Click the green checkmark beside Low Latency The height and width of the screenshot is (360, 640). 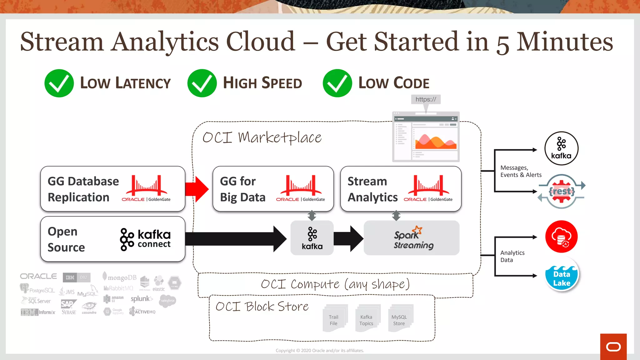click(59, 83)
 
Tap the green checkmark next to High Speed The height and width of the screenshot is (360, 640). click(202, 83)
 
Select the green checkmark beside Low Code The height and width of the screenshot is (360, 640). click(337, 83)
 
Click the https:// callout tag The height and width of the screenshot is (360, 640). click(426, 99)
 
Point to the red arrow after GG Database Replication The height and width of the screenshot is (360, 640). click(197, 189)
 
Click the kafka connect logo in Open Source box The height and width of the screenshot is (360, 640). click(145, 239)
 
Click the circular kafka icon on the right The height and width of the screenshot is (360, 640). click(561, 148)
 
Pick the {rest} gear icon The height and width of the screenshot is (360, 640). click(562, 191)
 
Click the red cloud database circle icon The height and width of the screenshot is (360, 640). click(561, 237)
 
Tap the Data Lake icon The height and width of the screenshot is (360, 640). click(562, 274)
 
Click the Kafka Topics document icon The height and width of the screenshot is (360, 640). click(367, 318)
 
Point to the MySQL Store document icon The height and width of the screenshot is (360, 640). click(400, 318)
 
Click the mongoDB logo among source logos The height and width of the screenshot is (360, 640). click(120, 277)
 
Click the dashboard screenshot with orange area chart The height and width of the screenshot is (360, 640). click(426, 137)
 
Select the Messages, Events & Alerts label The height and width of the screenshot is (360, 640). click(521, 171)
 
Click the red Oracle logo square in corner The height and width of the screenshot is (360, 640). click(613, 347)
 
